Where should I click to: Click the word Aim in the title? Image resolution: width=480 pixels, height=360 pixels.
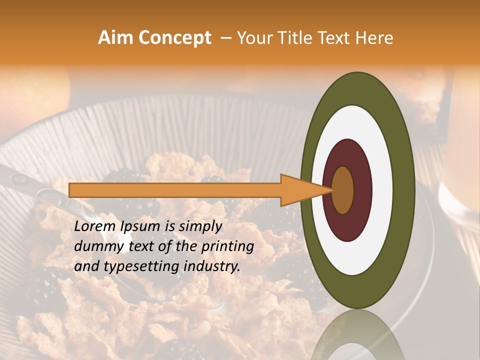[116, 38]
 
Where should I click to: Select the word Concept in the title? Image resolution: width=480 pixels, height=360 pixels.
[174, 38]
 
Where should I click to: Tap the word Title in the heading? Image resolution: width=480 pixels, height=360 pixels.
[297, 38]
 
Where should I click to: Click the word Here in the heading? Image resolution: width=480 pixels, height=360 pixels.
[375, 38]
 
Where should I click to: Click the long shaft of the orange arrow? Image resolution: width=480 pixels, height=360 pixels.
[175, 190]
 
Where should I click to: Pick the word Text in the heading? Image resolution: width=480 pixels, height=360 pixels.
[336, 38]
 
